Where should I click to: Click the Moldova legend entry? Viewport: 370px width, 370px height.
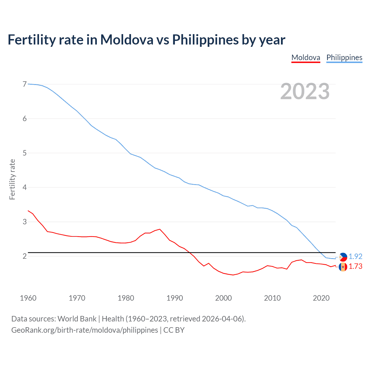[x=306, y=58]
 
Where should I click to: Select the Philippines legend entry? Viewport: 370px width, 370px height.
[x=344, y=58]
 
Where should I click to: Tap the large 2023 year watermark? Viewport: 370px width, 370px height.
[x=305, y=91]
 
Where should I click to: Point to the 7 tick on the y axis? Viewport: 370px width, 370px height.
[x=25, y=84]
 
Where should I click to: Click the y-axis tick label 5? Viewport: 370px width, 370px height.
[x=25, y=153]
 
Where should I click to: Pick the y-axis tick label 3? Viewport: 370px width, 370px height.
[x=25, y=222]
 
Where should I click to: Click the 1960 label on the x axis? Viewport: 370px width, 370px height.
[x=28, y=298]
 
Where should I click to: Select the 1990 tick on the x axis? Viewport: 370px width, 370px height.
[x=175, y=298]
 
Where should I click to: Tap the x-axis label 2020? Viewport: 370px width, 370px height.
[x=321, y=298]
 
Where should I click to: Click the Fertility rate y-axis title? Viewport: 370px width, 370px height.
[x=12, y=179]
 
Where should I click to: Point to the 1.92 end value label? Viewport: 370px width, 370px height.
[x=355, y=256]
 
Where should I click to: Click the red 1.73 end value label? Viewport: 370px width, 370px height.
[x=355, y=267]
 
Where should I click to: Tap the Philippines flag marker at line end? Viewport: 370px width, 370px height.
[x=343, y=257]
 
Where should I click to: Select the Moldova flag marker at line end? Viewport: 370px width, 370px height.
[x=343, y=267]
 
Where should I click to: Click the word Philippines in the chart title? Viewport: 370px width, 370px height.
[x=205, y=40]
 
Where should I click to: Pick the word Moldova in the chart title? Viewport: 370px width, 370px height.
[x=127, y=40]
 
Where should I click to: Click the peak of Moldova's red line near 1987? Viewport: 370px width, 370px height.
[x=160, y=229]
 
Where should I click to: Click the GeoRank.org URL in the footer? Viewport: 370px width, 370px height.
[x=85, y=330]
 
